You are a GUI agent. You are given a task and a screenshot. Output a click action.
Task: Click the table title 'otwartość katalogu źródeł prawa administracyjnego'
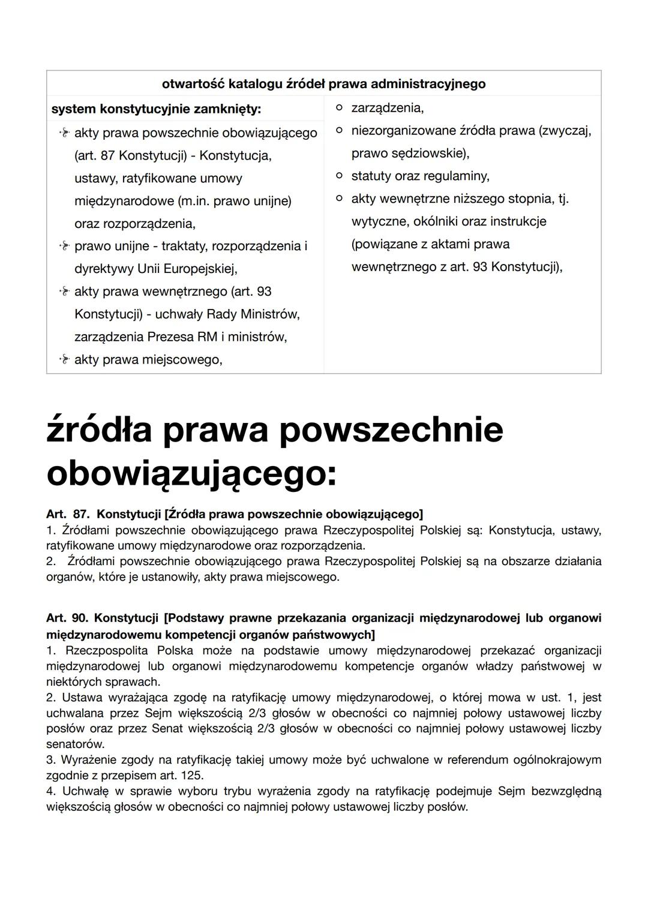tap(323, 84)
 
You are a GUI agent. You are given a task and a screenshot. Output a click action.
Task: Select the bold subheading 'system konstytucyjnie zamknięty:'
tap(156, 110)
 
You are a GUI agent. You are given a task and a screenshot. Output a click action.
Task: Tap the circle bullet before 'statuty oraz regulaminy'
tap(340, 176)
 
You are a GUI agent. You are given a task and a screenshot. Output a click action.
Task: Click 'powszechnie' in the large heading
tap(391, 430)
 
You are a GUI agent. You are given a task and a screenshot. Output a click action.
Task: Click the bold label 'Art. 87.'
tap(68, 514)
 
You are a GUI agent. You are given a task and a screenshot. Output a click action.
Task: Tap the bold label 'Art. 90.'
tap(67, 618)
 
